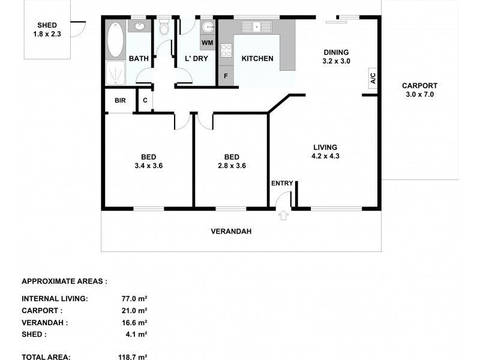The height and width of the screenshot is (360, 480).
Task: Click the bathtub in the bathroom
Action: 115,40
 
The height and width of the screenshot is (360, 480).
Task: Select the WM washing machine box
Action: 207,43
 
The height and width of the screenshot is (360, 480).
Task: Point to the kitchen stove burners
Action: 226,51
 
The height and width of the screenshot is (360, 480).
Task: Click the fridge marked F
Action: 226,76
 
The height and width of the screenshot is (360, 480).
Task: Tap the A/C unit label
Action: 372,78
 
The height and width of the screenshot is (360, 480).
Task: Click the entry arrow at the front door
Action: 284,215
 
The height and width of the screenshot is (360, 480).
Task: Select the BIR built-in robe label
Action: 120,100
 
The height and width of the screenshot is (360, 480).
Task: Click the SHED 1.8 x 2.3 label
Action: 47,29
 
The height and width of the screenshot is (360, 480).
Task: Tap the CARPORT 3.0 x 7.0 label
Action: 419,90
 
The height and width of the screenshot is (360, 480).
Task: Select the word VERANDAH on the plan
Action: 230,231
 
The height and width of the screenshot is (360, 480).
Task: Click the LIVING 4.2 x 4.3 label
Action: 325,151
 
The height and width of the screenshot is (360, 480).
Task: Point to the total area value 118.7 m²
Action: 133,356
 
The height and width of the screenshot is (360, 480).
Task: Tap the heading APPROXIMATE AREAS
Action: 64,280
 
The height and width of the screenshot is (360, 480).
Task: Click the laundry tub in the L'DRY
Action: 207,28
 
